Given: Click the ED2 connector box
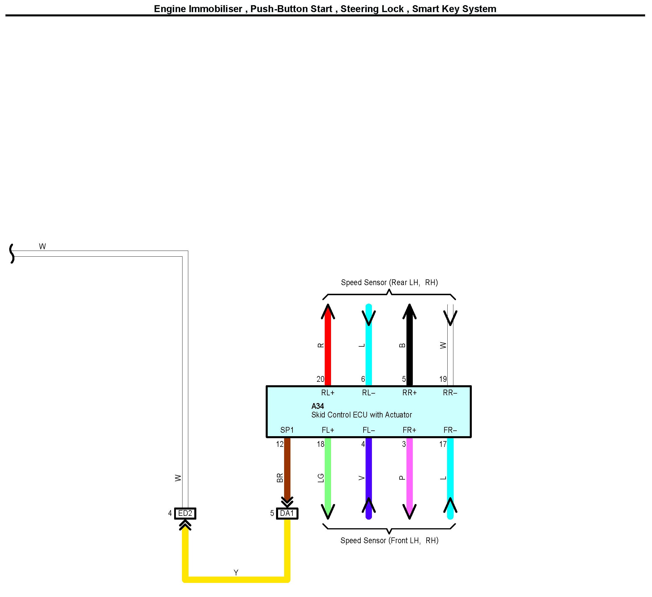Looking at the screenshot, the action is [x=185, y=513].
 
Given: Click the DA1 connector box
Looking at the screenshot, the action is [x=287, y=513].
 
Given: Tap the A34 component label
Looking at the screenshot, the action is [x=317, y=406].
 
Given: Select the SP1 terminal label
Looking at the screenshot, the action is [x=287, y=430].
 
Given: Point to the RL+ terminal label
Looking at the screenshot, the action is [x=328, y=393].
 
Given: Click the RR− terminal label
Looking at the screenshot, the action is [x=450, y=393].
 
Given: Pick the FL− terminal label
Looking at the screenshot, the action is [x=368, y=430].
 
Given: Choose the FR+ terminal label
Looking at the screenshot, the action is [x=409, y=430].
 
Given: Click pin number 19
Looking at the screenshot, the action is [x=443, y=379].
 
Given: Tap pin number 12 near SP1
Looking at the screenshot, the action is [x=280, y=445].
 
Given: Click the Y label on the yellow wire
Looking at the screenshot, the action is [x=236, y=573].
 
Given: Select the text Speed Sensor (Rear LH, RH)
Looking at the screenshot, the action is [x=389, y=283].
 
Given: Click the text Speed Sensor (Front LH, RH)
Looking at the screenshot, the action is [x=389, y=540].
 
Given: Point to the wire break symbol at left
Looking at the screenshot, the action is [x=12, y=254].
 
